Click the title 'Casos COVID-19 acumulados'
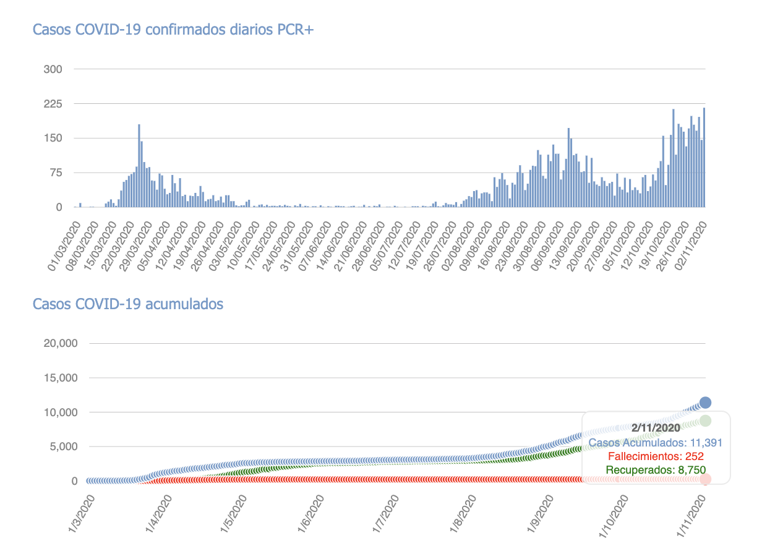pos(128,304)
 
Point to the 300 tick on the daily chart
pos(53,69)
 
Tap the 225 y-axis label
pos(53,104)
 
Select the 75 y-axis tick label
pos(56,173)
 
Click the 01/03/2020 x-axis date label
pos(65,243)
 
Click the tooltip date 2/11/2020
pos(656,427)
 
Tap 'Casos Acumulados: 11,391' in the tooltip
pos(656,443)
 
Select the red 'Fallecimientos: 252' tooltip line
pos(656,457)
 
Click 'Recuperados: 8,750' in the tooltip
pos(656,471)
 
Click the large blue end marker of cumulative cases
pos(705,403)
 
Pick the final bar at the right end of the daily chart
pos(704,158)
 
